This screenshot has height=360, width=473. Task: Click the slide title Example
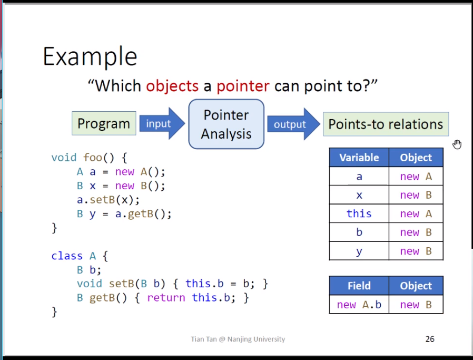coord(90,57)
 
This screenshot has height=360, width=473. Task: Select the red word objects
coord(172,86)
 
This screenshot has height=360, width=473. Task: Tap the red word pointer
coord(243,86)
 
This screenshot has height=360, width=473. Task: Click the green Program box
coord(104,123)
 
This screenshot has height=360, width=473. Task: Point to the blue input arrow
coord(162,123)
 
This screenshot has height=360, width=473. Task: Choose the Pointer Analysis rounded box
coord(226,124)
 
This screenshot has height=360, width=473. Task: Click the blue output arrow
coord(293,124)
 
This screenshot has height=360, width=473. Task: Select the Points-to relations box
coord(386,124)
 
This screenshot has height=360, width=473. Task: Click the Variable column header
coord(359,158)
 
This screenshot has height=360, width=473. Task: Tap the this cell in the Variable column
coord(359,213)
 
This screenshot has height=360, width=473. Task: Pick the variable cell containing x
coord(359,195)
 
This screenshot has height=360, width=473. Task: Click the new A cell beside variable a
coord(416,176)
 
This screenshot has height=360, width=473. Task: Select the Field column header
coord(359,286)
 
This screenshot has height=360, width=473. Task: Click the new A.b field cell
coord(359,305)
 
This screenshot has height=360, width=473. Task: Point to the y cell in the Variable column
coord(359,251)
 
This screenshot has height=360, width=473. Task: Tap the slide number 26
coord(430,339)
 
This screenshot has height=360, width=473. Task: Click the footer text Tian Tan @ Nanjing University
coord(238,339)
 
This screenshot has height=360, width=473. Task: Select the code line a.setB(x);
coord(109,200)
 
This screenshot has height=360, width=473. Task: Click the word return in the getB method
coord(166,298)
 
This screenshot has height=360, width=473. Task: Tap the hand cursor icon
coord(457,144)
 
